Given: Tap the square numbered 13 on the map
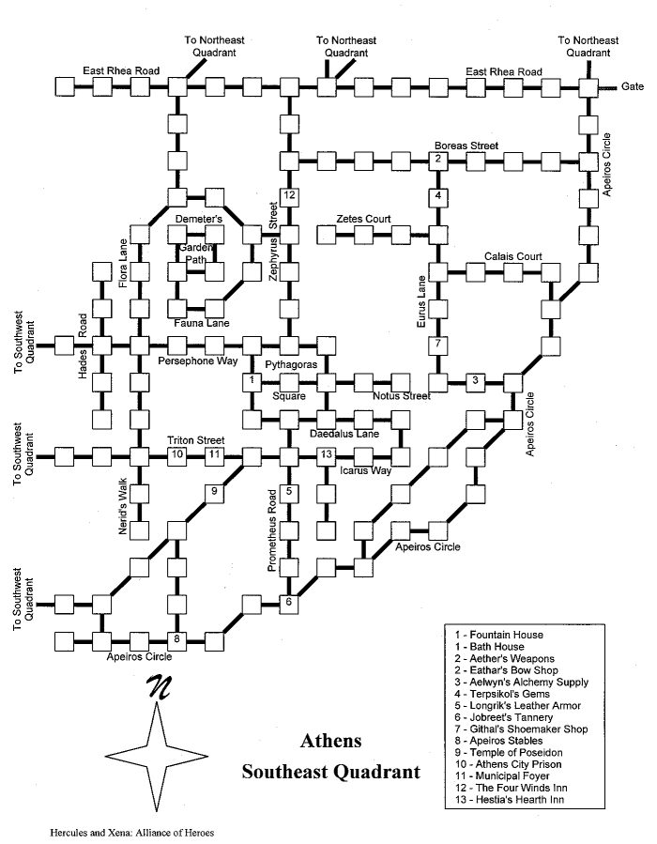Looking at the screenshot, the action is point(326,456).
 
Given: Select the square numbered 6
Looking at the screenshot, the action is point(289,604).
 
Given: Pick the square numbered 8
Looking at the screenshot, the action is point(176,641).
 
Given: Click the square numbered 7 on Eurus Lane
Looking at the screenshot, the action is point(438,345).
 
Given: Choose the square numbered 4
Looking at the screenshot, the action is point(438,197).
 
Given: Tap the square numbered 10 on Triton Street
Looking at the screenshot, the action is point(177,456).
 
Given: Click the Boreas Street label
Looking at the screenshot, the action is point(466,146).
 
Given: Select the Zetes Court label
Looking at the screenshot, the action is point(364,219).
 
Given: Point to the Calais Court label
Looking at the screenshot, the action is point(513,256).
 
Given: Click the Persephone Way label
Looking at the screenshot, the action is point(197,361).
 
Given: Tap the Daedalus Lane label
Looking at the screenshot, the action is point(344,434).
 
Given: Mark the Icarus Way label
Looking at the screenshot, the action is point(366,470).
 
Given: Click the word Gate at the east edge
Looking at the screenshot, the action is point(633,86).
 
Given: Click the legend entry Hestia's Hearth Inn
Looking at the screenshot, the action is point(510,799).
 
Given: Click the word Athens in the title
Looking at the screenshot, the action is point(331,741).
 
